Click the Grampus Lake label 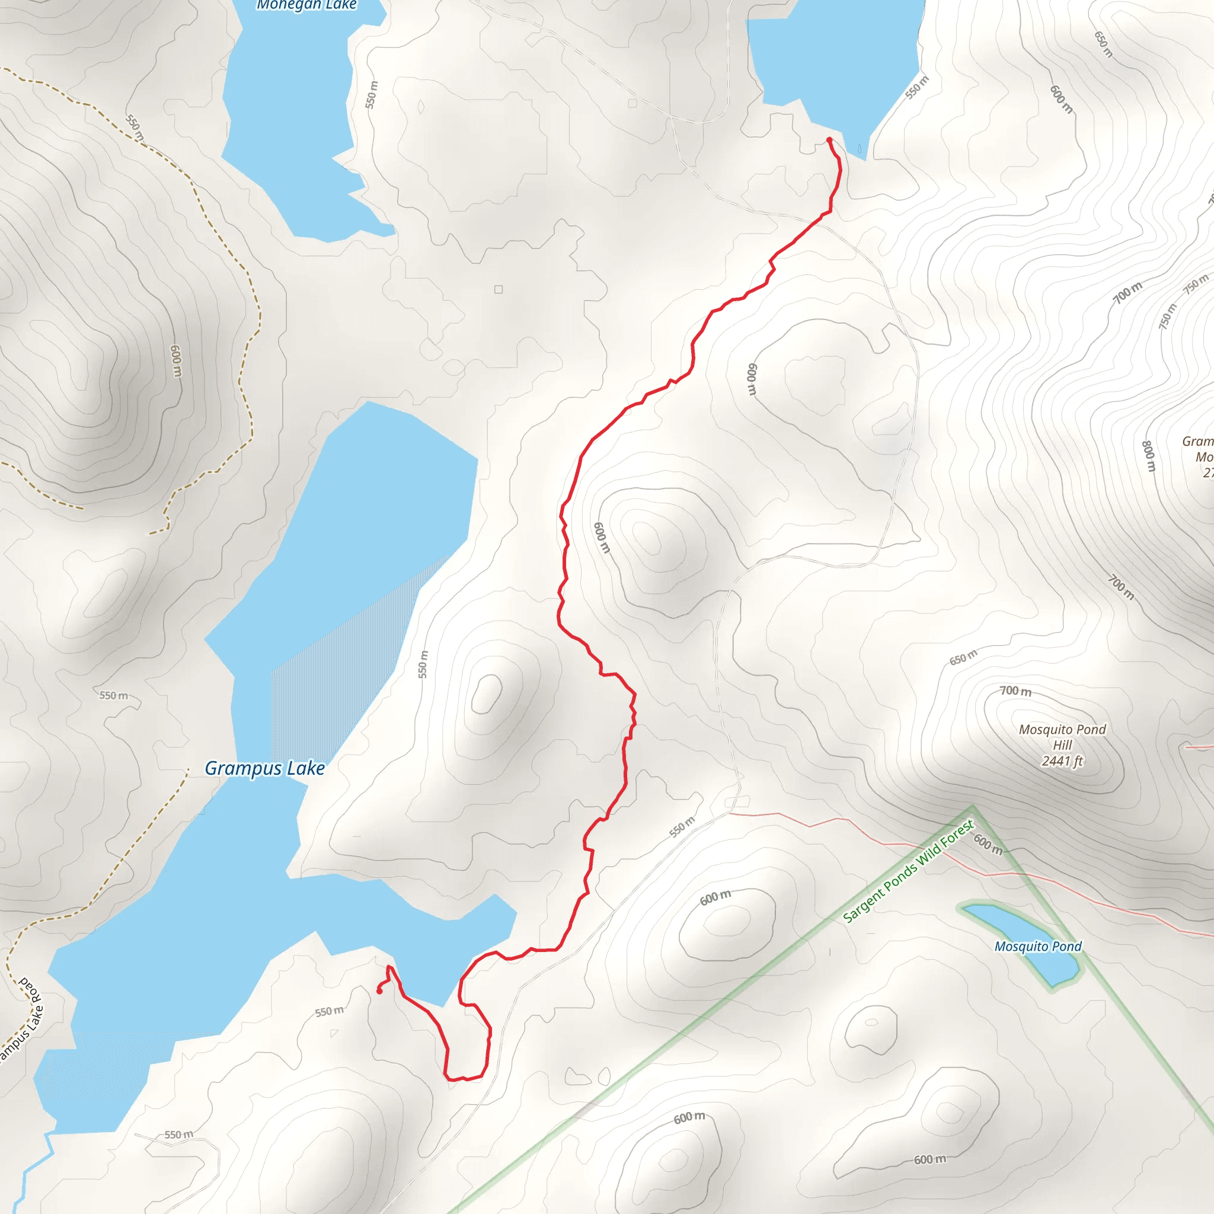click(x=264, y=768)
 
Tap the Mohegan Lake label click(x=306, y=5)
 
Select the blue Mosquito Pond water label click(x=1037, y=946)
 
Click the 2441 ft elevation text click(x=1062, y=761)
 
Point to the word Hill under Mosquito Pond click(x=1063, y=745)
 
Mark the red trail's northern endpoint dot click(x=829, y=139)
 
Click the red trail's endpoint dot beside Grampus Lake click(x=379, y=992)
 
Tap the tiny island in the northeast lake click(x=860, y=149)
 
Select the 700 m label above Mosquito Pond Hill click(x=1015, y=691)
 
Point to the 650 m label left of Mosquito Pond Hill click(x=963, y=657)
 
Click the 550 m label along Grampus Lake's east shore click(x=423, y=664)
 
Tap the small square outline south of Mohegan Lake click(x=499, y=289)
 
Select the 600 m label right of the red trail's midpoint click(x=601, y=537)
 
